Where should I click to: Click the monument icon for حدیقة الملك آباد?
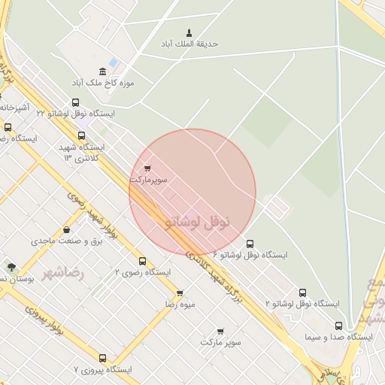tap(188, 32)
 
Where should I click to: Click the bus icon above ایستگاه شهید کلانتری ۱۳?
tap(82, 136)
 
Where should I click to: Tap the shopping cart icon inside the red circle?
tap(147, 168)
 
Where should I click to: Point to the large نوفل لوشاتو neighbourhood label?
tap(196, 222)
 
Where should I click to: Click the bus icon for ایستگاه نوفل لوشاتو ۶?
tap(250, 244)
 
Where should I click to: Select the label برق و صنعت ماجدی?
tap(66, 241)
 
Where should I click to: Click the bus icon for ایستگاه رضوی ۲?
tap(115, 259)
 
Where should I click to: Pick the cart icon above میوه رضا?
tap(179, 293)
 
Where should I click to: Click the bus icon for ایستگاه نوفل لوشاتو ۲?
tap(302, 292)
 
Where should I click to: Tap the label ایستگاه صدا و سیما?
tap(338, 338)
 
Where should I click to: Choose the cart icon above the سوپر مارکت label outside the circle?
tap(220, 330)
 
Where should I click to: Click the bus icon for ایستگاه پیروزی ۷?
tap(102, 358)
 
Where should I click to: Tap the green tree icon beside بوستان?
tap(11, 266)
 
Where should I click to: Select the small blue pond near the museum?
tap(113, 62)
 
